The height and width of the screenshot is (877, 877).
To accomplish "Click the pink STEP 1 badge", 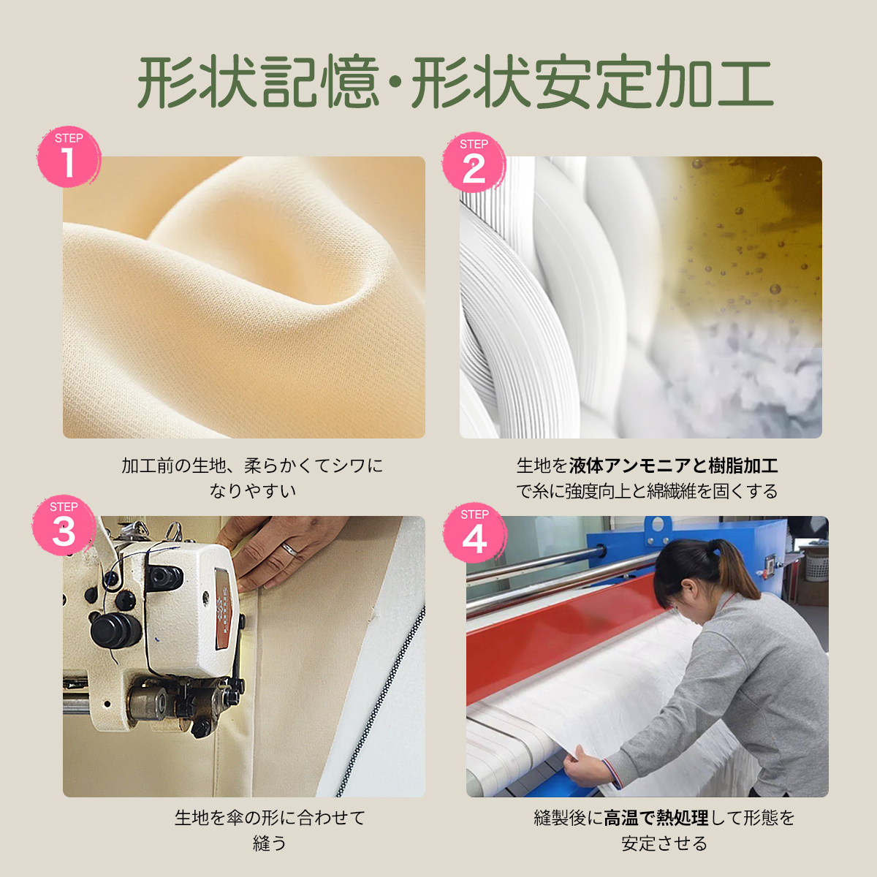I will tap(68, 156).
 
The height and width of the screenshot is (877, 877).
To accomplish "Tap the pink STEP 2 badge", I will tap(474, 163).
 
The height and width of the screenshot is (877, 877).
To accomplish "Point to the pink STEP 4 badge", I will tap(474, 533).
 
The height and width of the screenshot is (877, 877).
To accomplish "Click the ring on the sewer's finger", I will tap(289, 549).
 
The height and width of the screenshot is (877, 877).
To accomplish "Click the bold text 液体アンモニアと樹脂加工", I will tap(673, 466).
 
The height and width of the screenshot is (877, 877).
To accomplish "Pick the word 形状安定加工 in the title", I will tap(592, 82).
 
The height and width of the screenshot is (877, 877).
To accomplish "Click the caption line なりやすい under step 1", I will tap(253, 490).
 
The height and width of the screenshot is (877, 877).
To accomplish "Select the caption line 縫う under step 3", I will tap(269, 843).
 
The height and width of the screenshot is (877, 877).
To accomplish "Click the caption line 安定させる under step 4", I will tap(664, 843).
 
